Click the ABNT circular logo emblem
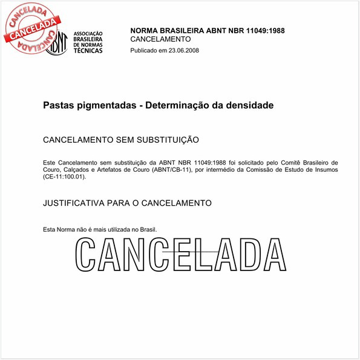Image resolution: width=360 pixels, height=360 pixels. (x=56, y=41)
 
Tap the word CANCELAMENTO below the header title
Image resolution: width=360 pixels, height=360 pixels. (x=160, y=39)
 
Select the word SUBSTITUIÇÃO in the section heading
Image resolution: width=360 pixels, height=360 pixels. (x=163, y=140)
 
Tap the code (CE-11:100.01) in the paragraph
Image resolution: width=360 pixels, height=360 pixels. (x=64, y=177)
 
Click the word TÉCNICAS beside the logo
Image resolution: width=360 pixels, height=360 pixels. (x=87, y=51)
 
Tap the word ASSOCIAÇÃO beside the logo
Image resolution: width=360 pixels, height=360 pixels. (x=88, y=33)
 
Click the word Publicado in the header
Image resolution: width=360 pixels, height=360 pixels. (x=144, y=50)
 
